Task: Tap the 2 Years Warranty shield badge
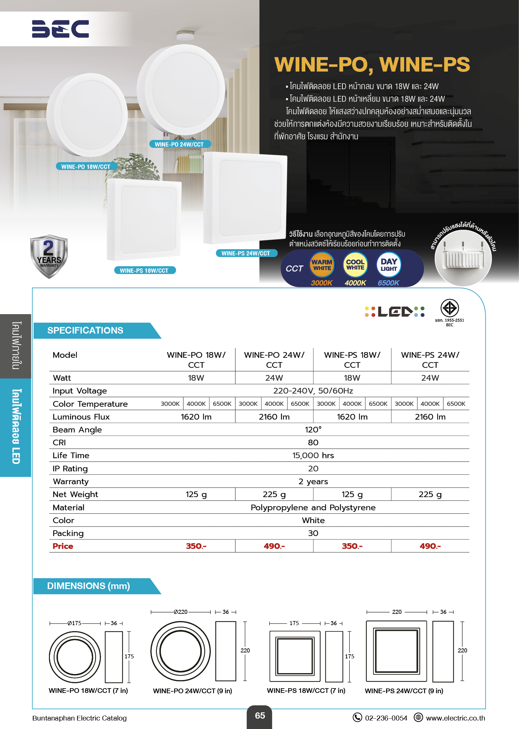tap(49, 256)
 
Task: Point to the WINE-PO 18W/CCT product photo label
tap(86, 167)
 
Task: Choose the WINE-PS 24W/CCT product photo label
tap(246, 254)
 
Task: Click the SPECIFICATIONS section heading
tap(85, 330)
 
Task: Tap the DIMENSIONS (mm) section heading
tap(88, 586)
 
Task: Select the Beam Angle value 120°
tap(313, 430)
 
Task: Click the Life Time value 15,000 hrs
tap(313, 455)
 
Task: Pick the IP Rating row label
tap(70, 469)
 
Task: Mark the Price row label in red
tap(63, 546)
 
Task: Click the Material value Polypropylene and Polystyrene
tap(313, 507)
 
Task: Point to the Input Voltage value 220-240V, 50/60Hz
tap(313, 391)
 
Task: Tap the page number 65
tap(260, 716)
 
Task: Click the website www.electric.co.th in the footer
tap(455, 718)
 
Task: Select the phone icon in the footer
tap(357, 717)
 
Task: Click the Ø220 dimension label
tap(180, 612)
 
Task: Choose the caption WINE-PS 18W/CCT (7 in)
tap(306, 691)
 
